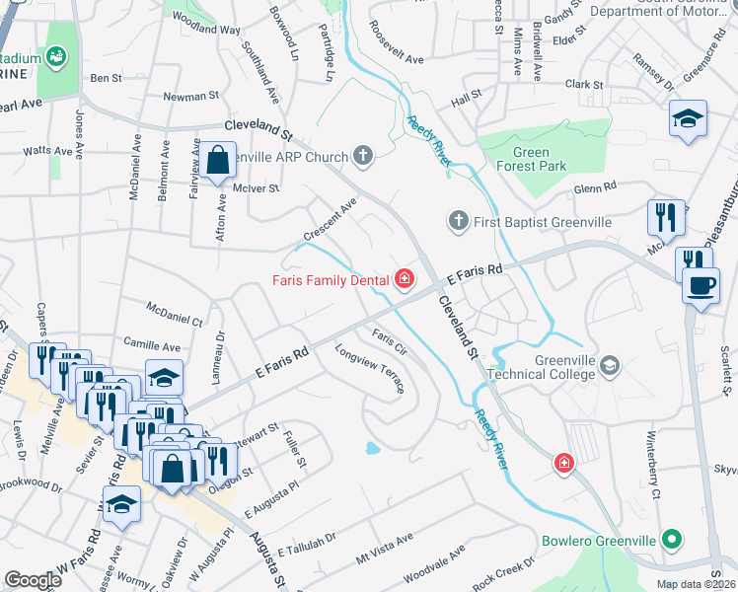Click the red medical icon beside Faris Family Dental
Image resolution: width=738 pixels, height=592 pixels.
404,280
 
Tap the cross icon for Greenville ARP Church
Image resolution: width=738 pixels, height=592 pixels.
364,156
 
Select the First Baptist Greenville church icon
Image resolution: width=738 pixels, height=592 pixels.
458,222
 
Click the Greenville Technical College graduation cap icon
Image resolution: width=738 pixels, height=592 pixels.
610,366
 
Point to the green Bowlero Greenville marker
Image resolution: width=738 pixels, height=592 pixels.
672,540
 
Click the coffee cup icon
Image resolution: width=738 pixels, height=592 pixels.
701,286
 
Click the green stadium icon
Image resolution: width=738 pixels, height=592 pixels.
56,58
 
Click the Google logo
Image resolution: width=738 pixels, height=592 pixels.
33,579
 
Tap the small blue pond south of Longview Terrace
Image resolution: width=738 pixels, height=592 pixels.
372,448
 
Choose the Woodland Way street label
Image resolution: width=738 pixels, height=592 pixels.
206,24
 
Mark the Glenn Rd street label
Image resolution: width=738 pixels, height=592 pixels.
595,186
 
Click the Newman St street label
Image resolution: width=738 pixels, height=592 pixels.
190,97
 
